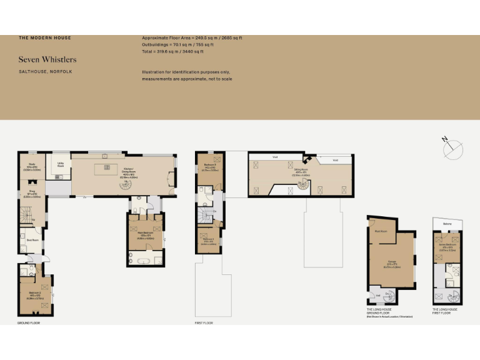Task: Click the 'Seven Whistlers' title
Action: pos(47,59)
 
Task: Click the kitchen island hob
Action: pos(107,167)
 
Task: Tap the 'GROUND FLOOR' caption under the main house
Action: pos(29,323)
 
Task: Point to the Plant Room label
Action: pos(381,231)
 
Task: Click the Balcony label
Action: pos(446,223)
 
